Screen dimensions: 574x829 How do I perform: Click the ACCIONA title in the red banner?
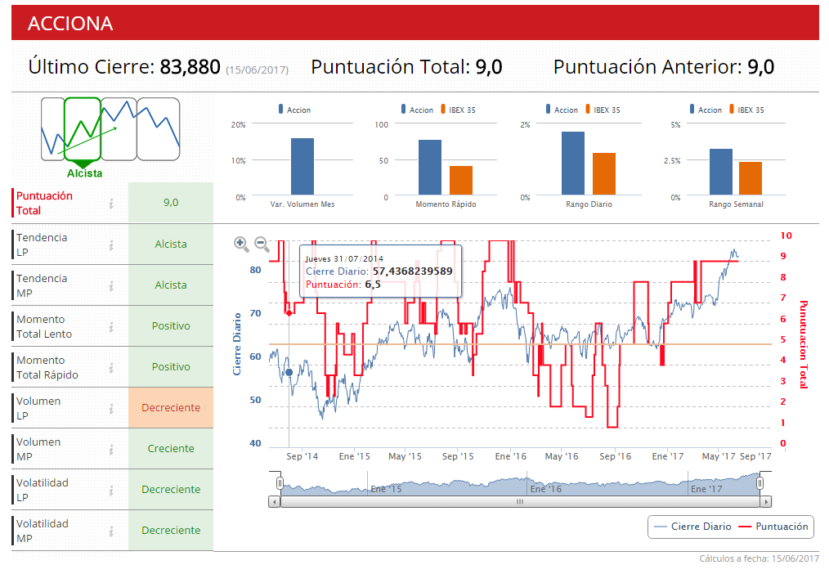click(x=70, y=24)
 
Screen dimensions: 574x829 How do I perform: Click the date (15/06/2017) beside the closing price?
click(x=257, y=70)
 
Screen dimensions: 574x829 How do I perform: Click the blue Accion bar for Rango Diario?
click(x=573, y=164)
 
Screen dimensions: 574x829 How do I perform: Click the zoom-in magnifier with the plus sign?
click(x=241, y=243)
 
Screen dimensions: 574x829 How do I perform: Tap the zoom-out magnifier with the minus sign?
click(x=262, y=243)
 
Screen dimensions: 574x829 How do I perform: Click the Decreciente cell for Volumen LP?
click(x=171, y=408)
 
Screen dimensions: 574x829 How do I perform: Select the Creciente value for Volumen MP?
click(x=171, y=449)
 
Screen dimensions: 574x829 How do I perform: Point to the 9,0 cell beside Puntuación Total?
click(x=171, y=203)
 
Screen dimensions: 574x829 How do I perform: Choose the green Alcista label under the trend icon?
click(x=85, y=173)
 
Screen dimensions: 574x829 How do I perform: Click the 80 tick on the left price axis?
click(x=255, y=270)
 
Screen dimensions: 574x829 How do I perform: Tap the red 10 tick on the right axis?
click(x=786, y=235)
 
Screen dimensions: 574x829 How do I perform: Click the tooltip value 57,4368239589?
click(x=412, y=271)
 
